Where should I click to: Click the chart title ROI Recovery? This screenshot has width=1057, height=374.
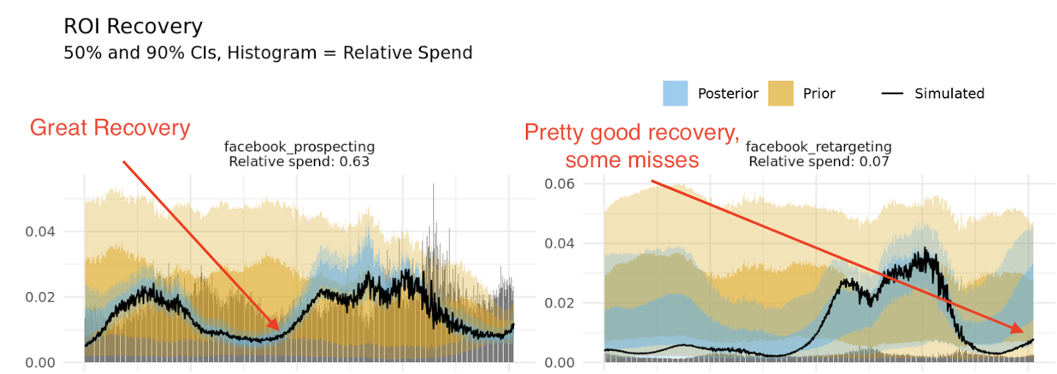point(133,26)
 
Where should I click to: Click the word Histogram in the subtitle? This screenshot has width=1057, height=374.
point(272,53)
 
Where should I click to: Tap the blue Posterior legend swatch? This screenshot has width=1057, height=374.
point(675,94)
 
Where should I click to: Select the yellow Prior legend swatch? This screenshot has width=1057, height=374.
point(780,94)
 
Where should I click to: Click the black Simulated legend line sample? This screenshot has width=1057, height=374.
point(892,94)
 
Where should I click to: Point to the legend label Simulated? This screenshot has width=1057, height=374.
point(949,94)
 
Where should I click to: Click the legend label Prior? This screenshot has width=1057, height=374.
point(819,94)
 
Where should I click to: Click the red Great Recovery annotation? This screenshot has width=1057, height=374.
point(110,128)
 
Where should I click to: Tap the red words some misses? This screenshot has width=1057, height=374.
point(632,160)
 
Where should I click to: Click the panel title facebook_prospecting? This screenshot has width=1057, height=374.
point(299,146)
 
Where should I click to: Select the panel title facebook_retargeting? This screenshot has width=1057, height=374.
point(819,146)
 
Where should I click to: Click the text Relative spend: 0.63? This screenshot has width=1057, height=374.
point(299,161)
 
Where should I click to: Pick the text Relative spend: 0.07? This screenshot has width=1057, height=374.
point(819,161)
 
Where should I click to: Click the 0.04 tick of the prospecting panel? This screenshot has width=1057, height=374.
point(40,231)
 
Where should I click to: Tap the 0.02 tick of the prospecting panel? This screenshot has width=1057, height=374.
point(40,297)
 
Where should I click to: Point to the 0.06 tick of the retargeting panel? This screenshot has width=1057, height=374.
point(559,184)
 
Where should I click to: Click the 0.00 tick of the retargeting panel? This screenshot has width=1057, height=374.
point(559,362)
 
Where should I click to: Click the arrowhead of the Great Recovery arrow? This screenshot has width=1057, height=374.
point(277,327)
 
